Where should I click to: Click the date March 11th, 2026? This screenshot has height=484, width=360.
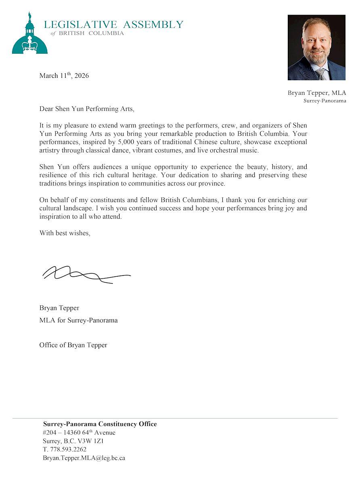click(x=64, y=75)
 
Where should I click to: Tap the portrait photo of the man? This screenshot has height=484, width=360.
click(x=316, y=47)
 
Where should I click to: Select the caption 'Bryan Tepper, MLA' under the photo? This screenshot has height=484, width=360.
click(x=317, y=93)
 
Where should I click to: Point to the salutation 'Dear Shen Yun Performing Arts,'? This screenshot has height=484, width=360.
click(x=86, y=108)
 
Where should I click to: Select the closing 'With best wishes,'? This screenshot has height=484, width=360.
click(x=65, y=233)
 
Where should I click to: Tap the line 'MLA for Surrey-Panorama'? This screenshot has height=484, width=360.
click(x=78, y=320)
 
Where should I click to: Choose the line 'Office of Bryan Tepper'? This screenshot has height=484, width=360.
click(x=73, y=345)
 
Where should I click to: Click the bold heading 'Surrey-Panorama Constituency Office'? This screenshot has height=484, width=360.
click(x=100, y=424)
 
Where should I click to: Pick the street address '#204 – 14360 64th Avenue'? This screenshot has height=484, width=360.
click(x=79, y=432)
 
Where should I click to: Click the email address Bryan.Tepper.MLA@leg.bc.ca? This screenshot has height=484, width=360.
click(x=84, y=458)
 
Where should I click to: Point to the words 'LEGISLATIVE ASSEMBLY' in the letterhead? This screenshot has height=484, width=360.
click(x=113, y=25)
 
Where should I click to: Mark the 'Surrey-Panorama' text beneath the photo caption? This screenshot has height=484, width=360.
click(x=324, y=100)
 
